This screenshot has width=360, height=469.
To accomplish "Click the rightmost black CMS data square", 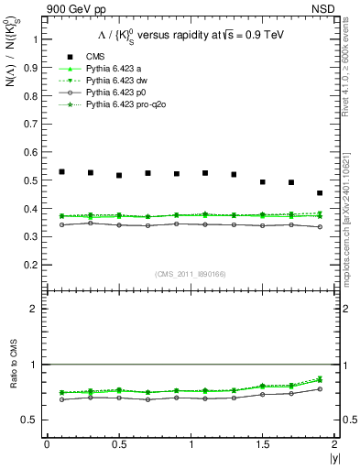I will (320, 193).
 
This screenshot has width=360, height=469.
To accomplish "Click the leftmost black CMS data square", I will (61, 171).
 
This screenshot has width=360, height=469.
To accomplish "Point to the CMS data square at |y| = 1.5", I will (262, 182).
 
